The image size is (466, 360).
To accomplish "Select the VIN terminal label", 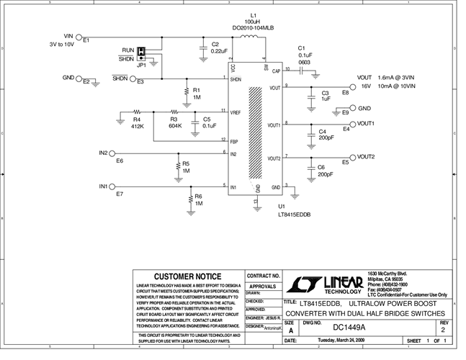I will coord(69,35).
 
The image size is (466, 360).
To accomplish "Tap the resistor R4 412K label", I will coord(138,123).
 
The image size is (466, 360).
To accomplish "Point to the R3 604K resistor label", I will coord(175,123).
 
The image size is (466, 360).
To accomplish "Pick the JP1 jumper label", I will coord(143,65).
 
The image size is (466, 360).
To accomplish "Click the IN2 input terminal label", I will coord(103,153).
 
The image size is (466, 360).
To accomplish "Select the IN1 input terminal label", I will coord(103,186).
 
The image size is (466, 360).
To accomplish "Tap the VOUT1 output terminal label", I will coord(366,124).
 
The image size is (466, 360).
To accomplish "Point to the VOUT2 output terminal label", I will coord(366,157).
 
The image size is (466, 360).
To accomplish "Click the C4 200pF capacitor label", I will coord(326,136).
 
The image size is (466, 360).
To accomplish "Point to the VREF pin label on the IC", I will coord(235,113).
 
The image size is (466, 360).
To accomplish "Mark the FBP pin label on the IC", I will coord(233,142).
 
